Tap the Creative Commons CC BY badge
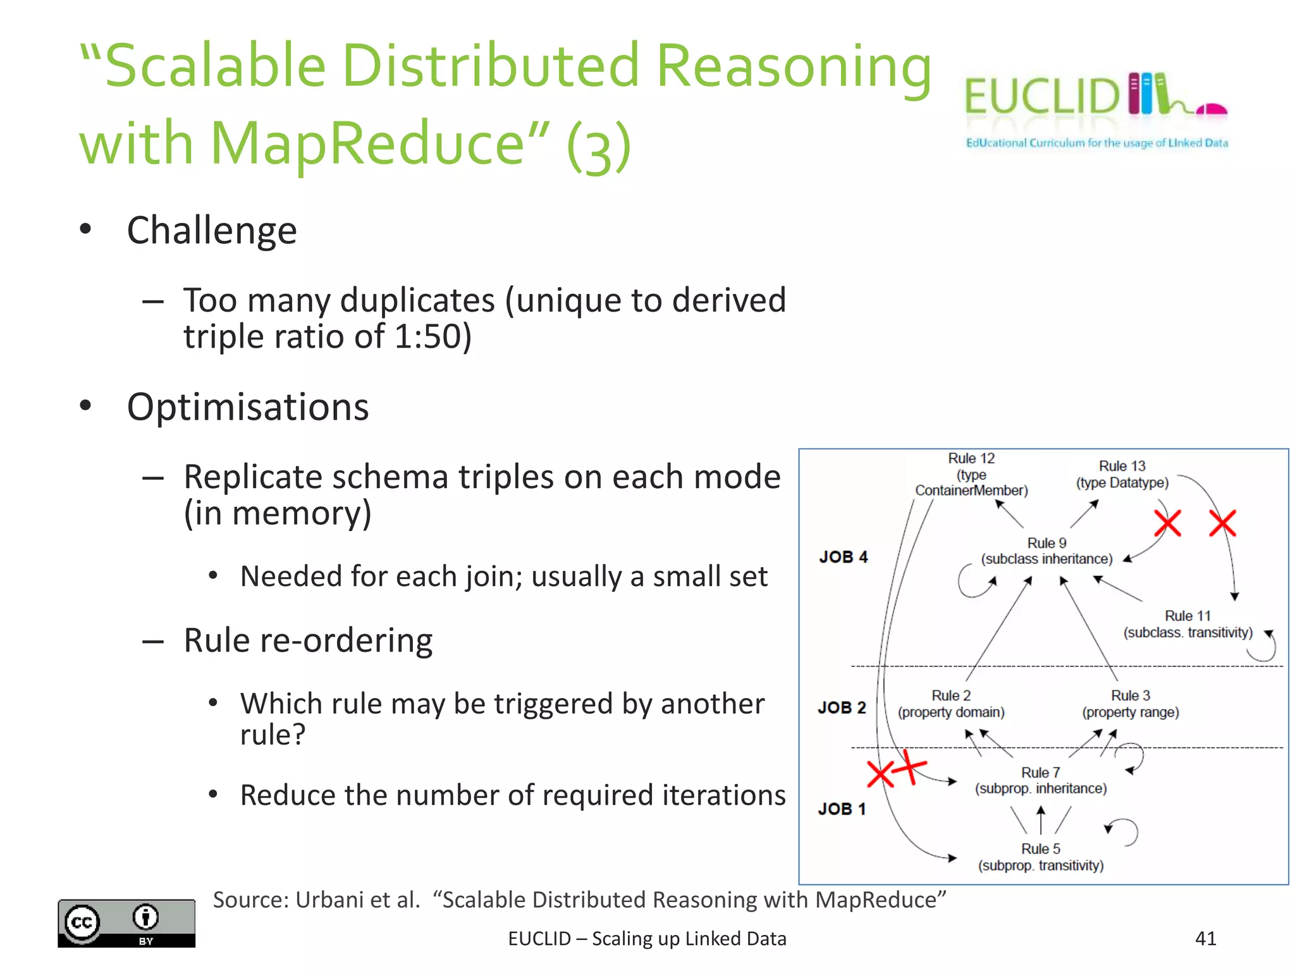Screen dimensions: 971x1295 (126, 923)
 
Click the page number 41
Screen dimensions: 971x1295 (1205, 938)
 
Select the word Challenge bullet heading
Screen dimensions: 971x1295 (211, 230)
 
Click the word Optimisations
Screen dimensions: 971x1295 (247, 406)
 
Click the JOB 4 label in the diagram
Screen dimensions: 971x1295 (843, 557)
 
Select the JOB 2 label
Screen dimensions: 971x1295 (842, 707)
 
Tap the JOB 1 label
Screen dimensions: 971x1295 (841, 809)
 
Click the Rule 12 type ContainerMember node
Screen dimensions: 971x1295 (971, 474)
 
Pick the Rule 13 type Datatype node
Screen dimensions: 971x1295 (1122, 474)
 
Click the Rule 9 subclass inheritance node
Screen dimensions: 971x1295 (1046, 551)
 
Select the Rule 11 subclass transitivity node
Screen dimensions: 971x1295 (1188, 624)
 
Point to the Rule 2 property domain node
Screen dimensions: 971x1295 (951, 704)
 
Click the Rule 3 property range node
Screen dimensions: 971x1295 (1130, 704)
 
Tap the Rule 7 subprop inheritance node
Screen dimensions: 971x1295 (1041, 780)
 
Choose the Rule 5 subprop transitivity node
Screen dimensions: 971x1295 (1041, 857)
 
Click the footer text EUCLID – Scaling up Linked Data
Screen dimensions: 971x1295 (647, 939)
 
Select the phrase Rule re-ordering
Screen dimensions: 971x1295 (308, 640)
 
